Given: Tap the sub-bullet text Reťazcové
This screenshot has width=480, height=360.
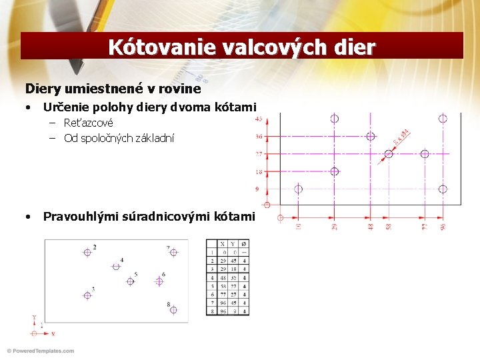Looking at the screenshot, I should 89,123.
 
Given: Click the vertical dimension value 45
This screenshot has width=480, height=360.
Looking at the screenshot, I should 259,119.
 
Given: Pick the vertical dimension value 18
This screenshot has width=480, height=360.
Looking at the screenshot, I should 259,171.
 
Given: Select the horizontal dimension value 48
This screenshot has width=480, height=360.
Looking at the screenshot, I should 371,227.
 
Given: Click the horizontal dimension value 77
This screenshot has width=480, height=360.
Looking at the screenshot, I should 425,227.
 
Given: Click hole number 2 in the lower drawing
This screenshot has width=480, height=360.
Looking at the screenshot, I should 87,252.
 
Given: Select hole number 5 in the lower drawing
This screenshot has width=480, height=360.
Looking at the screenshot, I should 130,281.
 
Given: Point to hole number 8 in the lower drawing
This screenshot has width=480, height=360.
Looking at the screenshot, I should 173,310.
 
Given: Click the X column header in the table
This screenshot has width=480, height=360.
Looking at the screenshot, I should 222,244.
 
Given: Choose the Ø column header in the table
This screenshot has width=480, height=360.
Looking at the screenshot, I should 244,244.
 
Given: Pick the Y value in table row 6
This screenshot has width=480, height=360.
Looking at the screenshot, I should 233,294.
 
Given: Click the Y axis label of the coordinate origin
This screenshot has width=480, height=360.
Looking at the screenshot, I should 33,318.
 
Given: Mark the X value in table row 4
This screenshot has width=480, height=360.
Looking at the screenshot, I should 222,277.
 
